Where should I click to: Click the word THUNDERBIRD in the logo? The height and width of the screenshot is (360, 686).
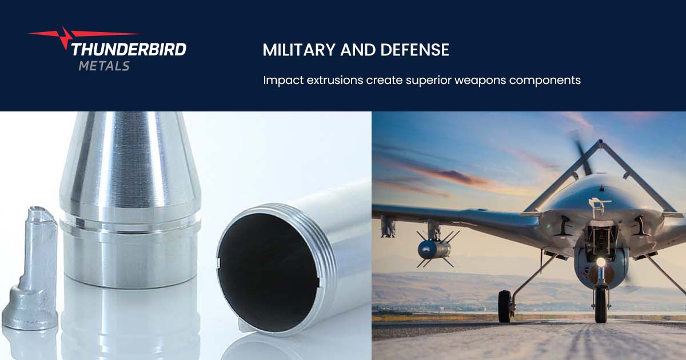click(129, 49)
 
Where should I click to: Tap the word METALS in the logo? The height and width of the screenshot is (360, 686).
click(104, 66)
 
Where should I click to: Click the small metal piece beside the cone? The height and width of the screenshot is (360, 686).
click(33, 269)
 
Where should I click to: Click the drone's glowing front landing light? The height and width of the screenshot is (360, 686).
click(600, 262)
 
